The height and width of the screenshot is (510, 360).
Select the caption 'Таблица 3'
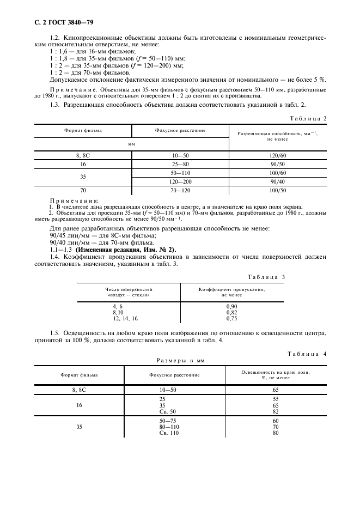tap(266, 277)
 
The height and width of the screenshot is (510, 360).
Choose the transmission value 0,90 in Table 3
tap(231, 307)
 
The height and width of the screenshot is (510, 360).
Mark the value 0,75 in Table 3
tap(231, 318)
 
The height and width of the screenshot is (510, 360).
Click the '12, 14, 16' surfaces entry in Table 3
tap(125, 318)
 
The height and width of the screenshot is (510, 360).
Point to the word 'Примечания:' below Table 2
tap(71, 201)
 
